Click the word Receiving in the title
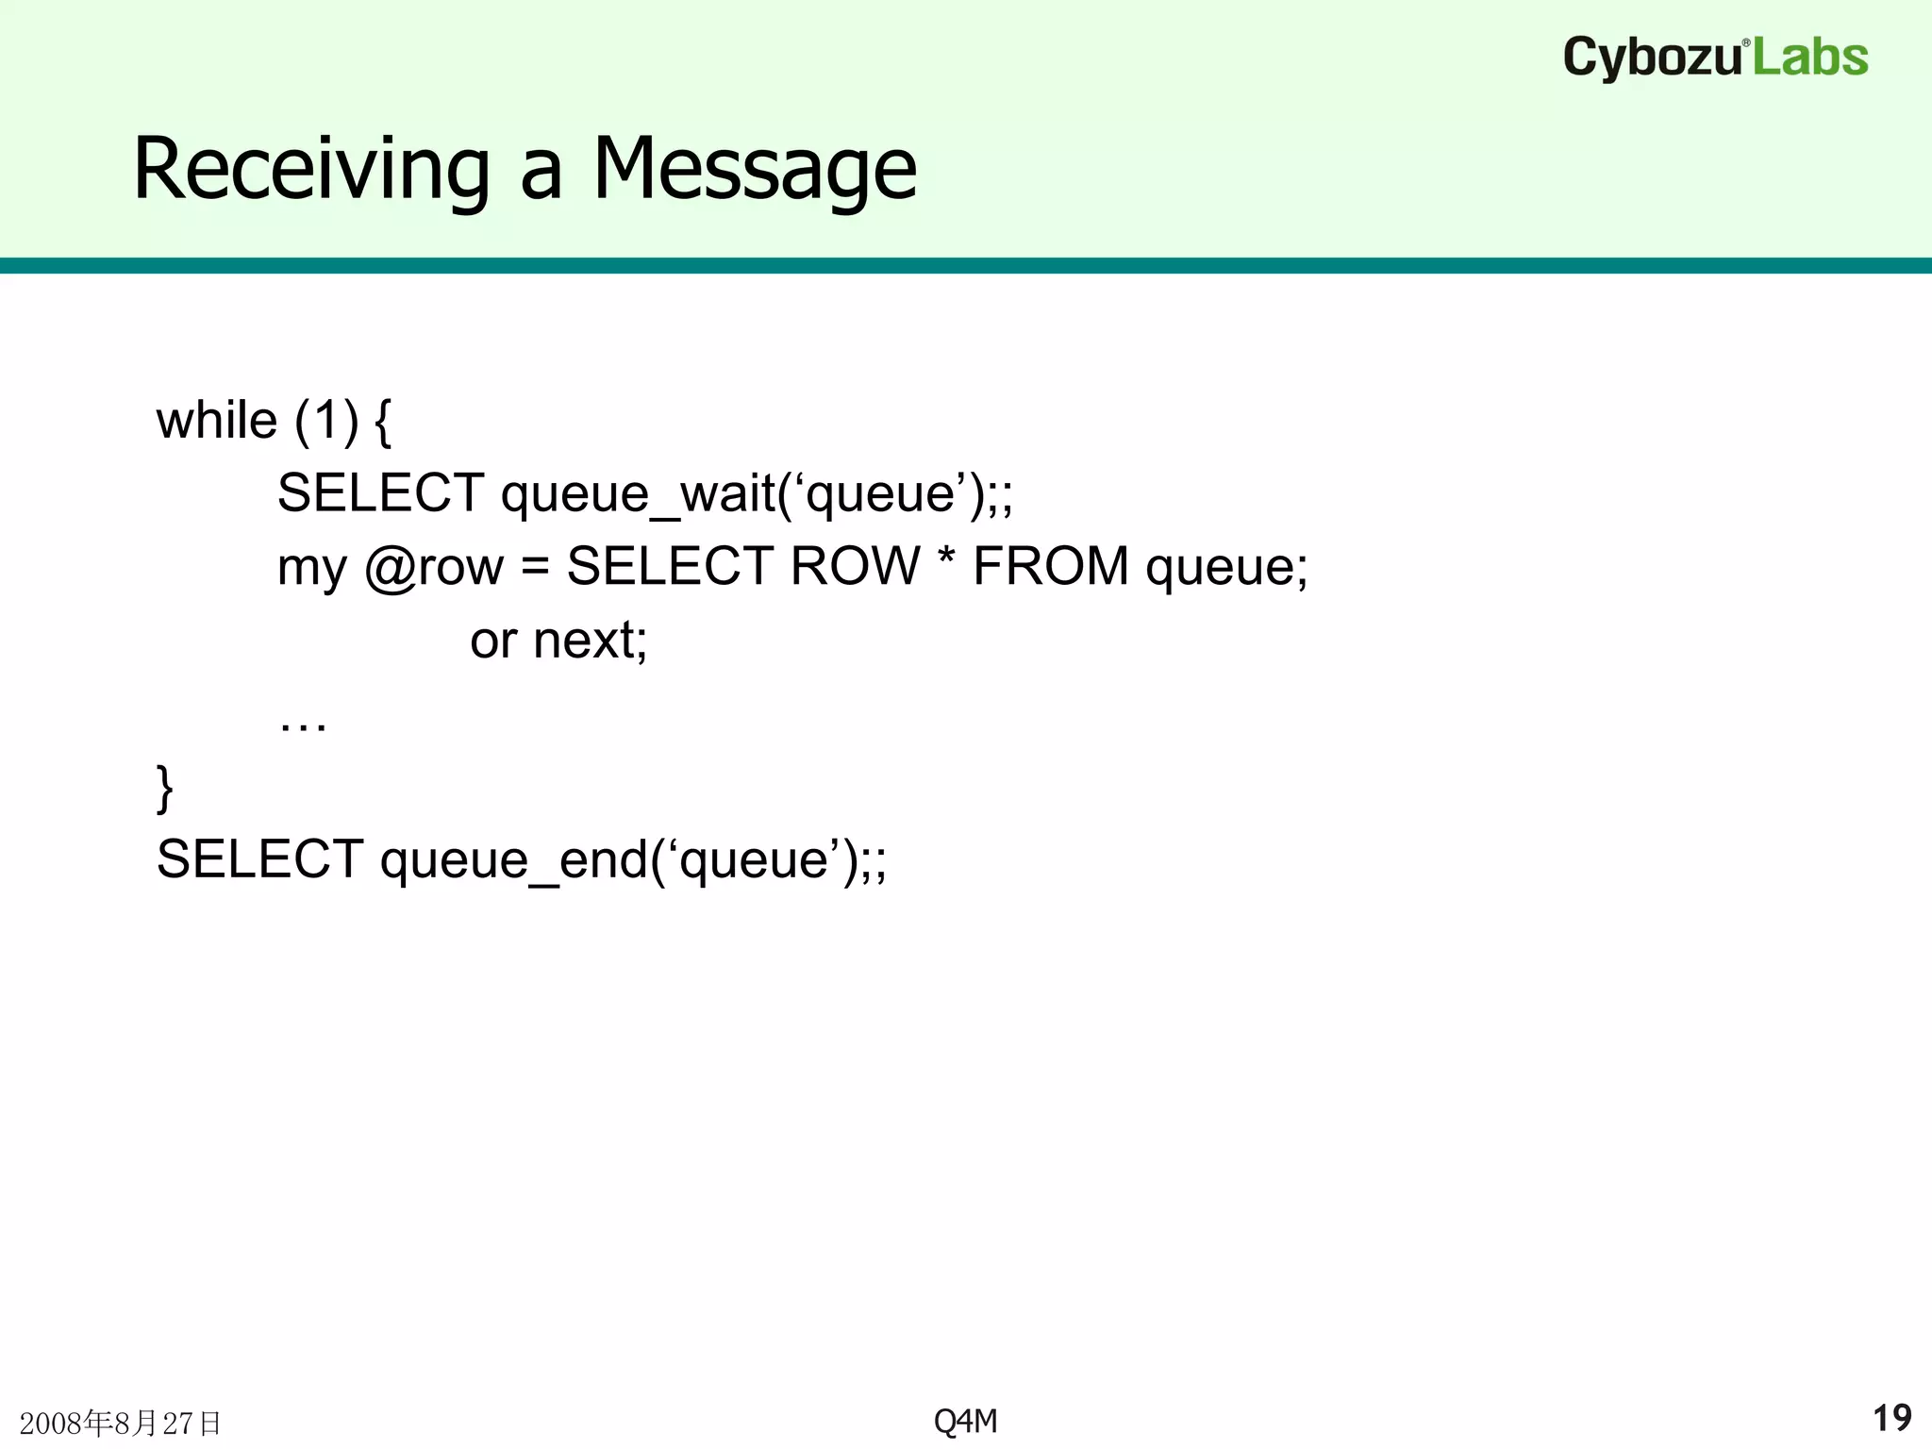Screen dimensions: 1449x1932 pyautogui.click(x=311, y=170)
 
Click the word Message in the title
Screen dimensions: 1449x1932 pyautogui.click(x=754, y=170)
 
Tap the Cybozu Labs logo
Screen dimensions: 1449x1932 pyautogui.click(x=1715, y=58)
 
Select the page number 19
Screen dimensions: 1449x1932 pyautogui.click(x=1891, y=1418)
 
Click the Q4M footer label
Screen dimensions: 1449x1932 pyautogui.click(x=965, y=1421)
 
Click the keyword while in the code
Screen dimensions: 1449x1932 pyautogui.click(x=216, y=420)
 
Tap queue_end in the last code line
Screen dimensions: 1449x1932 pyautogui.click(x=514, y=859)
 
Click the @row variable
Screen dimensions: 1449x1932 pyautogui.click(x=434, y=567)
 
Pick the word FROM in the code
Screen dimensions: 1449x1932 pyautogui.click(x=1051, y=567)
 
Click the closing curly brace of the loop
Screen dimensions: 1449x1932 pyautogui.click(x=165, y=788)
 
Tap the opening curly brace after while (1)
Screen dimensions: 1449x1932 pyautogui.click(x=382, y=422)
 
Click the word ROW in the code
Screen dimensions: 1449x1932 pyautogui.click(x=855, y=567)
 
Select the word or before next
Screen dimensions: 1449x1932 pyautogui.click(x=492, y=641)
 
